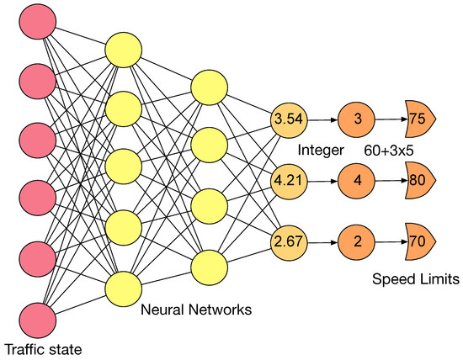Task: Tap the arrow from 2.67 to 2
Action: pos(323,242)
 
